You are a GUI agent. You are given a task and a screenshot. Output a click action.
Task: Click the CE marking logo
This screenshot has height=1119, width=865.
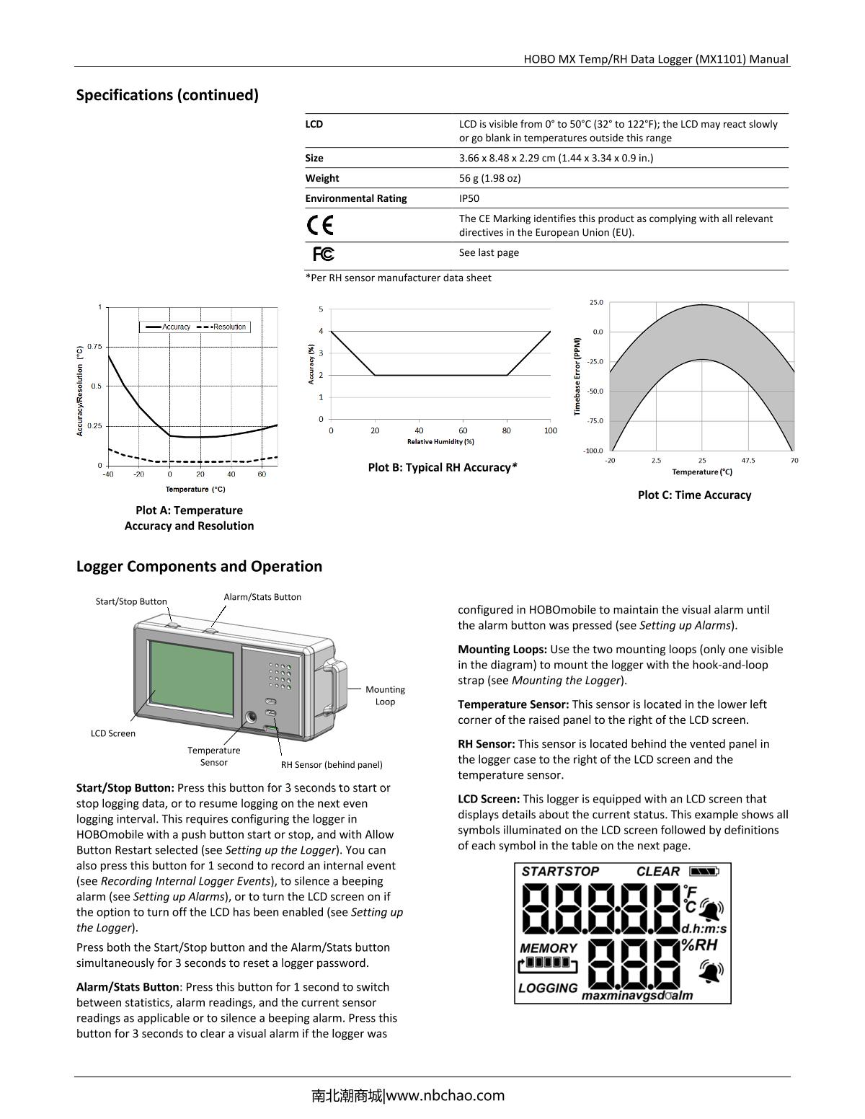pos(320,226)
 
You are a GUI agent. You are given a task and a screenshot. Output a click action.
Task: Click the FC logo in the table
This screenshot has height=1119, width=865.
pos(324,254)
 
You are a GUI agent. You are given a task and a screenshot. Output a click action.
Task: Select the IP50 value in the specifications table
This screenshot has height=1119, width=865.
pos(469,198)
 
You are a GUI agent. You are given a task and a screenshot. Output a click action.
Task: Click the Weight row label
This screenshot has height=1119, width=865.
pos(321,178)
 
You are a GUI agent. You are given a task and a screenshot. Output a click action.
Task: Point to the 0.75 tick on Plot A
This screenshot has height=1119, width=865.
pos(94,347)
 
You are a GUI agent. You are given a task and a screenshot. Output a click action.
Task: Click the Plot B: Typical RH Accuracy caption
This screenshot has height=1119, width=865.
pos(443,467)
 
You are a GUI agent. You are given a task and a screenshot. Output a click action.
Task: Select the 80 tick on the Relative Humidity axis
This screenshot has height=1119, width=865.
pos(507,430)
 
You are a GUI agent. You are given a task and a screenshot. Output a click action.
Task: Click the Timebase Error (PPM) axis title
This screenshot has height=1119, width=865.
pos(577,376)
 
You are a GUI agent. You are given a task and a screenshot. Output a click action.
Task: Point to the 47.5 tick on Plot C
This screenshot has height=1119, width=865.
pos(748,460)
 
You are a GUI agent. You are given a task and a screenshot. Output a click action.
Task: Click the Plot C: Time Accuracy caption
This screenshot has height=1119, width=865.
pos(694,495)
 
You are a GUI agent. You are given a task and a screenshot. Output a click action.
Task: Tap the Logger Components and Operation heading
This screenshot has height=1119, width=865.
pos(199,566)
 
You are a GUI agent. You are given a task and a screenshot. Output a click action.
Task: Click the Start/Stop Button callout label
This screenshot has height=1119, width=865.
pos(131,601)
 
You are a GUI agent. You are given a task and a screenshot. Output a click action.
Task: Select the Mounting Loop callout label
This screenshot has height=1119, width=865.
pos(385,695)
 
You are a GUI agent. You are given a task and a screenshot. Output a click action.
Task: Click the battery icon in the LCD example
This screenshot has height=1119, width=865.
pos(704,871)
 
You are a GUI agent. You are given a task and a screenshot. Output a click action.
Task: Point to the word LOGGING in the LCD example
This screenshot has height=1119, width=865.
pos(549,988)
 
